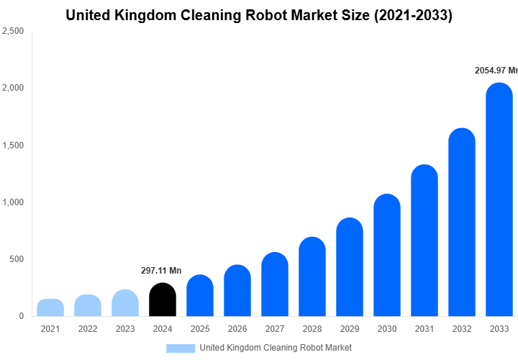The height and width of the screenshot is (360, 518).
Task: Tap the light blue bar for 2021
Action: tap(50, 307)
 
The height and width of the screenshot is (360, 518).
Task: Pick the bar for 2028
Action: tap(312, 276)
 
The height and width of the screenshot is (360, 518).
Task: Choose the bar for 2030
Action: tap(386, 255)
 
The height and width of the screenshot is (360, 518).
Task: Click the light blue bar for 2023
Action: tap(124, 303)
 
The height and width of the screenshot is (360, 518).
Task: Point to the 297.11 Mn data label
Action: tap(161, 271)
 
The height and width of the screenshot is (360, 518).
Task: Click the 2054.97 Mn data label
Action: tap(496, 71)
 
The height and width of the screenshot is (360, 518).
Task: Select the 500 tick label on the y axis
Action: tap(17, 259)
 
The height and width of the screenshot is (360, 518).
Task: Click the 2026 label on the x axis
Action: tap(237, 329)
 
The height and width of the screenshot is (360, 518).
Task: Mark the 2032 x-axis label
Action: tap(461, 329)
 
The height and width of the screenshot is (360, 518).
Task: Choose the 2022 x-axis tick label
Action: tap(87, 329)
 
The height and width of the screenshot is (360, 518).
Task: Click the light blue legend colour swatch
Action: tap(180, 348)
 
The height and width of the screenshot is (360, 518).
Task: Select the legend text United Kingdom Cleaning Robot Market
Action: tap(276, 348)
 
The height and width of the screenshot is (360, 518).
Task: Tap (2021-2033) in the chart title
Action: tap(410, 15)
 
